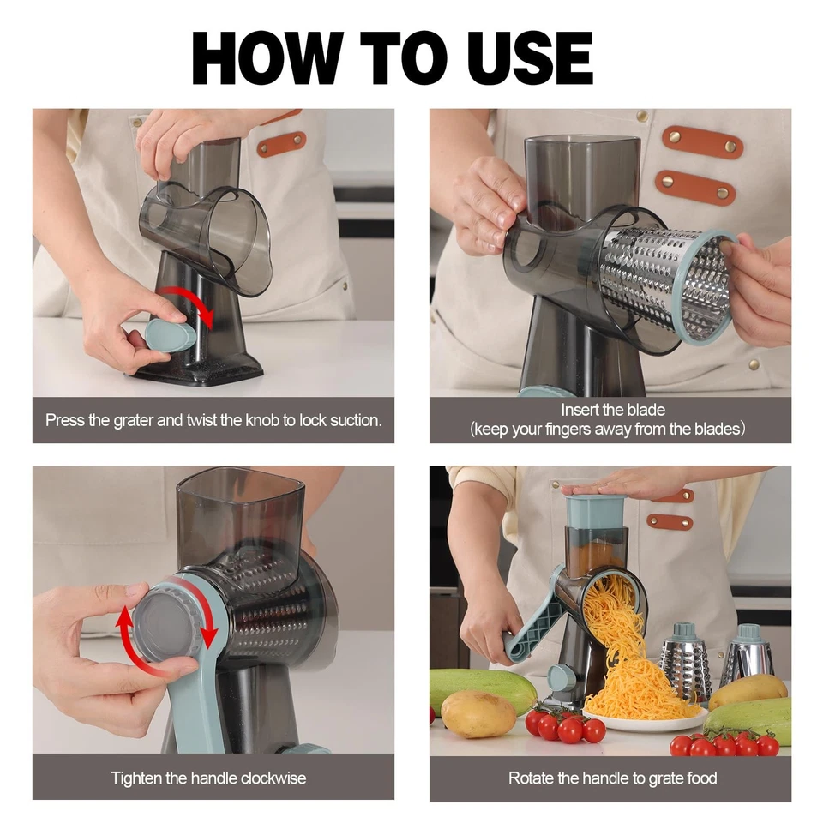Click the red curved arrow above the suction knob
tap(187, 304)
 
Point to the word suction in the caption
tap(355, 420)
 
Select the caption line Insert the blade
tap(612, 410)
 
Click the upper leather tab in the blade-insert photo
tap(702, 141)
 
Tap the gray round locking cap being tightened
tap(165, 622)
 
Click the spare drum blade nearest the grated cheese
tap(686, 661)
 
